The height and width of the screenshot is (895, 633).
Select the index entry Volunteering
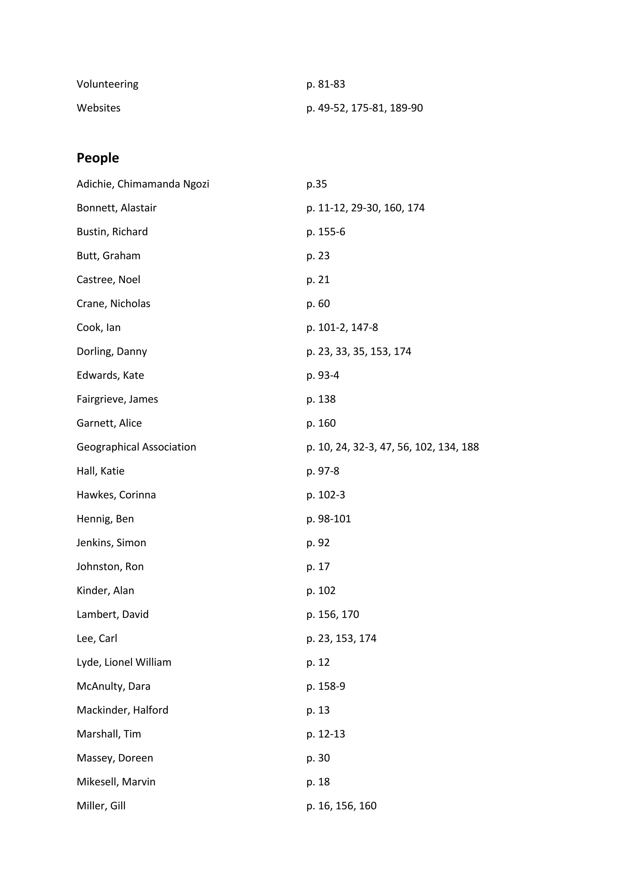(107, 84)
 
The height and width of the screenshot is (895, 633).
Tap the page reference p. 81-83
(325, 84)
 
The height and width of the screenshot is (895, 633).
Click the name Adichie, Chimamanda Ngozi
(143, 184)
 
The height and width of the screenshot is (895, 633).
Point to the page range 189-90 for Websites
(406, 108)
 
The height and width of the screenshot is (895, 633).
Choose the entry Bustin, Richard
(112, 232)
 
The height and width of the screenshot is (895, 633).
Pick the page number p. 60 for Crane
(318, 304)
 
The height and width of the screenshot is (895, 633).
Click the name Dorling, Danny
(112, 352)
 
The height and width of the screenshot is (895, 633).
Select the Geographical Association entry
(136, 447)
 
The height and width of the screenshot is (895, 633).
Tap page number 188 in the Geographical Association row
(470, 447)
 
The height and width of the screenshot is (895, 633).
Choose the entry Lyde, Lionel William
(124, 662)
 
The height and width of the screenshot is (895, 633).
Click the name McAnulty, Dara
(113, 686)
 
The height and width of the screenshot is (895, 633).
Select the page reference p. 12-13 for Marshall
(325, 734)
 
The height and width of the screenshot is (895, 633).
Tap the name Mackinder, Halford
(122, 710)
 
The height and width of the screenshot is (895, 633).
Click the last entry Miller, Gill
(101, 806)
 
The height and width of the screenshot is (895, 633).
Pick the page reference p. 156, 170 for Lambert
(333, 614)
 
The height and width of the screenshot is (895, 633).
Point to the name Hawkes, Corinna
(116, 495)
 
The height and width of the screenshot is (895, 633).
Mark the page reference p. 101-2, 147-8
(342, 328)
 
